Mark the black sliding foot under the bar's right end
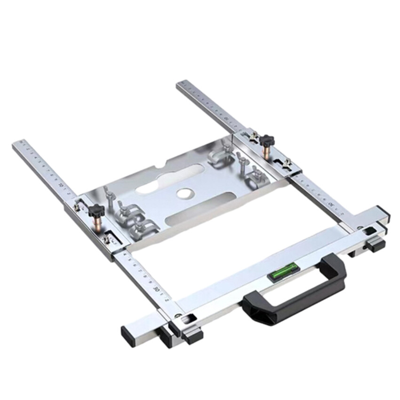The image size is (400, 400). (x=376, y=244)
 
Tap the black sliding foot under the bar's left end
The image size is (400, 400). (x=192, y=336)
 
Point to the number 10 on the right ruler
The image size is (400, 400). (x=227, y=118)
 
